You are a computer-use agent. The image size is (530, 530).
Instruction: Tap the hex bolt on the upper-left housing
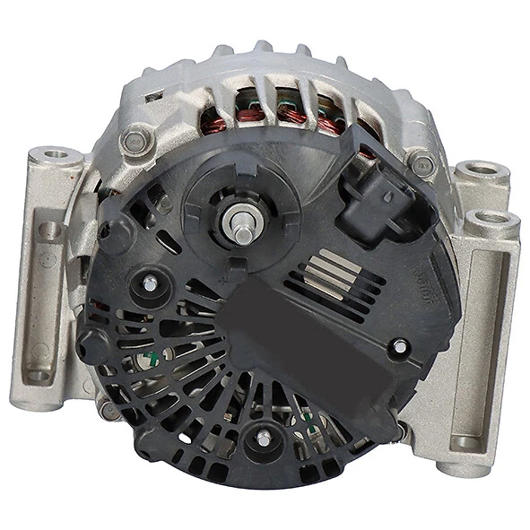coord(136,140)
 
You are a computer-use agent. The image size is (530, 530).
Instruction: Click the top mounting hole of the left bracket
coord(58,158)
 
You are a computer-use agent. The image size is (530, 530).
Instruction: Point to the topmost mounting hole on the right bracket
coord(481,169)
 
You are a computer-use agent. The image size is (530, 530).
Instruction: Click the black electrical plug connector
coord(378,191)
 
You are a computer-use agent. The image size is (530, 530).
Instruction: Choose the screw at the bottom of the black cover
coord(264,437)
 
